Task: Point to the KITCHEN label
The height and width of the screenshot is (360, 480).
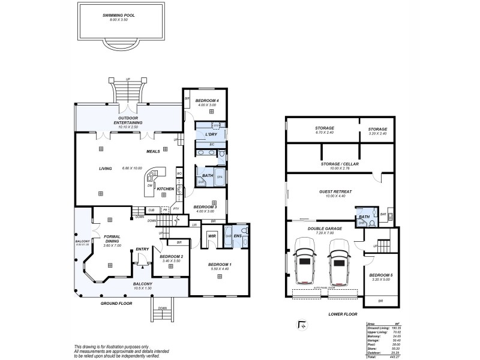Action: (x=166, y=189)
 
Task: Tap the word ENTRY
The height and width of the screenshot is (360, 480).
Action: (x=142, y=249)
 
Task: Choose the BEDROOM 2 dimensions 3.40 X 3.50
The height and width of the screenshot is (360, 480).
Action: (x=172, y=261)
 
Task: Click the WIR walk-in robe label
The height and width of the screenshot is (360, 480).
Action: (x=212, y=236)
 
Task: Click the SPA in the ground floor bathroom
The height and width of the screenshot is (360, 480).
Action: (x=220, y=177)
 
